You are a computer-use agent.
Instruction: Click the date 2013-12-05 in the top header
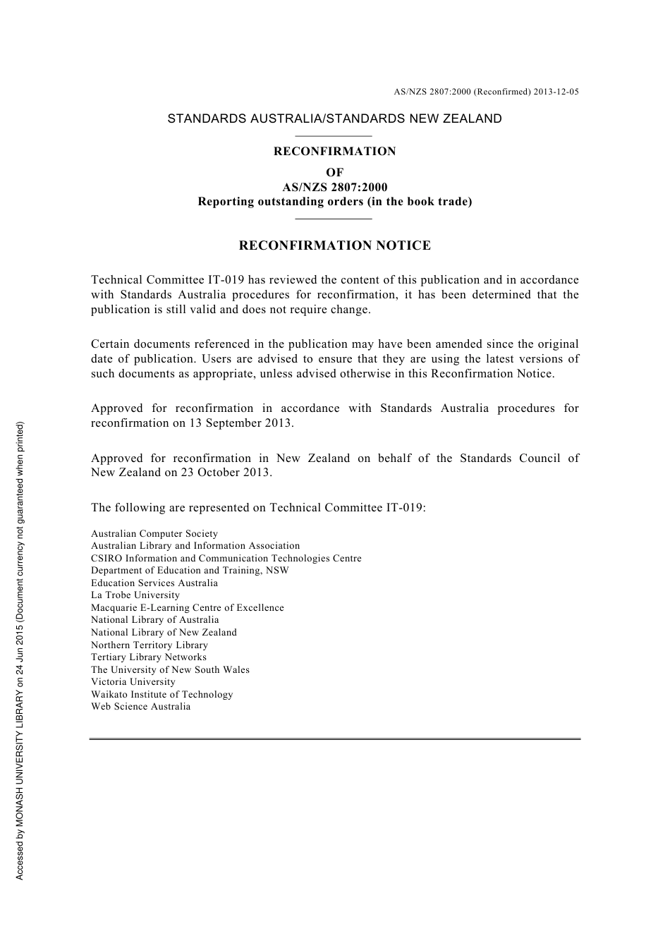click(556, 92)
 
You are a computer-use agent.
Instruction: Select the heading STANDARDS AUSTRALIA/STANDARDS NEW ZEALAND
click(334, 119)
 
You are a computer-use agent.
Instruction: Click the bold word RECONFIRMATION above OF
click(334, 151)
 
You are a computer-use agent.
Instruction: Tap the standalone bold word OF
click(334, 173)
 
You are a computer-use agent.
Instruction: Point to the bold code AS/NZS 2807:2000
click(334, 188)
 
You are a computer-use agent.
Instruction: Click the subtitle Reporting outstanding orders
click(334, 202)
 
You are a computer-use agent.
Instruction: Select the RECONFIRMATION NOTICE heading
click(334, 245)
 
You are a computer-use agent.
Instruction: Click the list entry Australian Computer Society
click(154, 534)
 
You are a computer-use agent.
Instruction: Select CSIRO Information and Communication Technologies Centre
click(226, 559)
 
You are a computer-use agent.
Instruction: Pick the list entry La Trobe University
click(135, 595)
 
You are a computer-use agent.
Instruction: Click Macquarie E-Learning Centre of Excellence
click(187, 608)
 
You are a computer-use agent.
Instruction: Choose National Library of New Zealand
click(164, 633)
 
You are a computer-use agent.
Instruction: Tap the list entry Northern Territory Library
click(150, 645)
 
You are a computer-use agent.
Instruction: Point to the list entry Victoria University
click(133, 682)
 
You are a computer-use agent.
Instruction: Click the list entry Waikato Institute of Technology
click(162, 695)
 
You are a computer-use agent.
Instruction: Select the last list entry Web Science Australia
click(140, 707)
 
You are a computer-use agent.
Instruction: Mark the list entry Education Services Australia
click(154, 583)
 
